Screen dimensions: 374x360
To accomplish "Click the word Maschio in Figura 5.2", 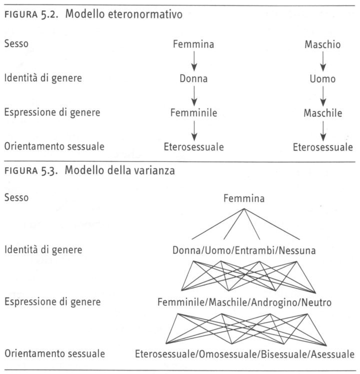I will pyautogui.click(x=322, y=45).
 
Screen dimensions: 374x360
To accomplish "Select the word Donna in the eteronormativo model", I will pyautogui.click(x=193, y=79).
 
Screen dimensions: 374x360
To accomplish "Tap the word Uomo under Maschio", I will pyautogui.click(x=322, y=79).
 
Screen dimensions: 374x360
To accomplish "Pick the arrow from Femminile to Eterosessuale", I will pyautogui.click(x=194, y=130).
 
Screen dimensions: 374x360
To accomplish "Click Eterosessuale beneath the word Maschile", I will pyautogui.click(x=322, y=147).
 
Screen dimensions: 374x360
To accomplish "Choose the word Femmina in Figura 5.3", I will pyautogui.click(x=244, y=199).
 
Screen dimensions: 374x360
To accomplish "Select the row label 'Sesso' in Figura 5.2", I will pyautogui.click(x=16, y=44).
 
